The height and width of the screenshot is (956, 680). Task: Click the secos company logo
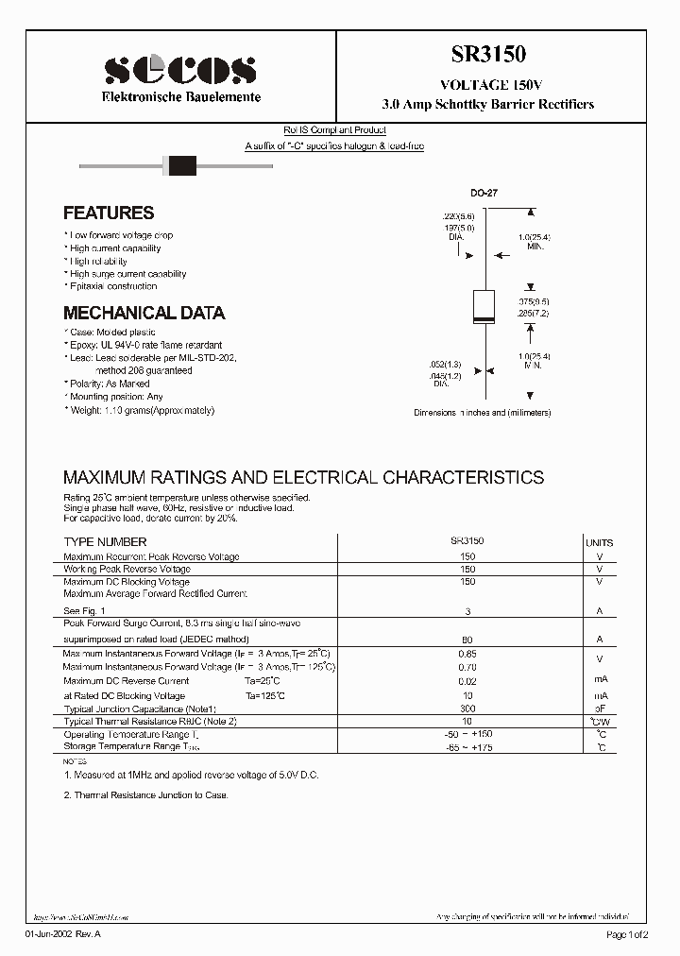pyautogui.click(x=179, y=71)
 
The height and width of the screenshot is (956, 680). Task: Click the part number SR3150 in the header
pyautogui.click(x=487, y=56)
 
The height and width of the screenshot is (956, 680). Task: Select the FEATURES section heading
pyautogui.click(x=109, y=213)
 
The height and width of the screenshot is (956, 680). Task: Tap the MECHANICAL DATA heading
pyautogui.click(x=144, y=313)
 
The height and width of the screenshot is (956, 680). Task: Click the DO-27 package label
pyautogui.click(x=484, y=193)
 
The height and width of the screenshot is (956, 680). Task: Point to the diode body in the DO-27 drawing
pyautogui.click(x=484, y=307)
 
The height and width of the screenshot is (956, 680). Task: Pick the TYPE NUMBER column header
pyautogui.click(x=105, y=542)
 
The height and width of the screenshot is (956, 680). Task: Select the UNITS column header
pyautogui.click(x=599, y=543)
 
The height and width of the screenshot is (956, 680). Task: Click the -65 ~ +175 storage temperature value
pyautogui.click(x=467, y=747)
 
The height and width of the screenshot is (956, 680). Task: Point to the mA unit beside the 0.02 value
pyautogui.click(x=600, y=680)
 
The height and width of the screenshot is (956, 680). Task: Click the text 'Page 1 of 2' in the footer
pyautogui.click(x=627, y=935)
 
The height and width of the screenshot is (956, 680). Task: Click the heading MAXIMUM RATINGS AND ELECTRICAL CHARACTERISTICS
pyautogui.click(x=303, y=477)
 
